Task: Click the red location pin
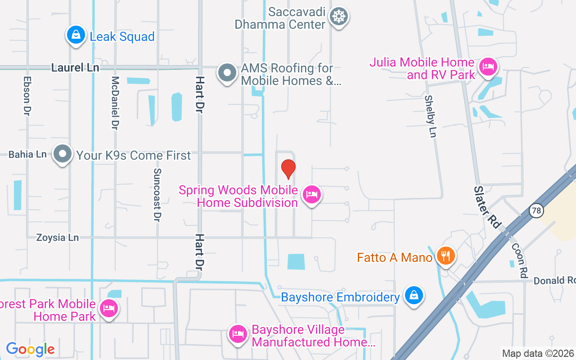pos(288,169)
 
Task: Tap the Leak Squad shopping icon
pos(76,35)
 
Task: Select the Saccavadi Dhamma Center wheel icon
pos(338,17)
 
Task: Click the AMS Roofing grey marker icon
pos(227,72)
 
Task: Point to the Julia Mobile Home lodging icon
pos(488,67)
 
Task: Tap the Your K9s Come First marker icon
pos(63,154)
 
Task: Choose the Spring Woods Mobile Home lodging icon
pos(311,195)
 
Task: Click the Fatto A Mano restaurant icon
pos(446,256)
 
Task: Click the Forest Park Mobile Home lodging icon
pos(109,309)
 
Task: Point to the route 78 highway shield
pos(535,210)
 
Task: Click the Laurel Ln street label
pos(75,68)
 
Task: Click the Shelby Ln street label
pos(431,117)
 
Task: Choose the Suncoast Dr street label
pos(157,195)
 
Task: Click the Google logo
pos(30,349)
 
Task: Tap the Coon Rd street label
pos(519,261)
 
